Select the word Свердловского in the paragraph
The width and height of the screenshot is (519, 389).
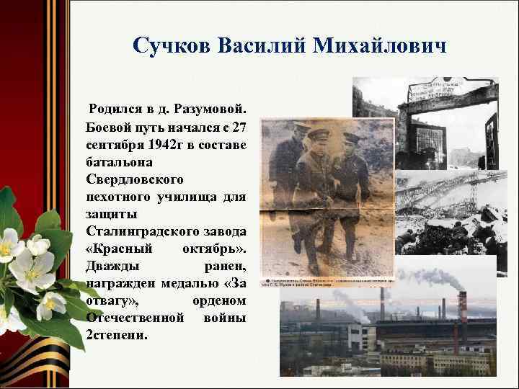click(135, 179)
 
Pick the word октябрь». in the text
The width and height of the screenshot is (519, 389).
click(217, 249)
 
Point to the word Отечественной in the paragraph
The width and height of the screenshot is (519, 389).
click(133, 318)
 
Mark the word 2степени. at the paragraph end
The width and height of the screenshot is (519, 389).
click(117, 335)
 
